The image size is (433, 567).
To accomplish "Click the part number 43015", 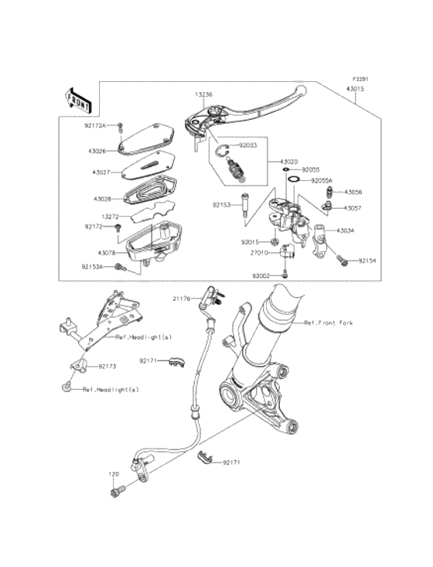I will click(355, 89).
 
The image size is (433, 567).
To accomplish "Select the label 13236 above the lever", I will click(203, 94).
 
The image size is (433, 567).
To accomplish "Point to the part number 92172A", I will click(95, 125).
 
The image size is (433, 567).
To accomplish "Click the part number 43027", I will click(101, 172).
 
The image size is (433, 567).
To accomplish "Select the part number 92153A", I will click(92, 266).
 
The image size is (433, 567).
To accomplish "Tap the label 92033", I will click(247, 145).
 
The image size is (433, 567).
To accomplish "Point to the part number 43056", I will click(353, 191).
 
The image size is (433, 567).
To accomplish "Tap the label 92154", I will click(367, 261).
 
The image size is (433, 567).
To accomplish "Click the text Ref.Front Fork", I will click(328, 323).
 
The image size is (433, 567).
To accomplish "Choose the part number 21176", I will click(181, 298).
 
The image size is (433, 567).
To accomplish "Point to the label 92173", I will click(107, 366).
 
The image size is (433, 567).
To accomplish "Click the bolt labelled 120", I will click(118, 490).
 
